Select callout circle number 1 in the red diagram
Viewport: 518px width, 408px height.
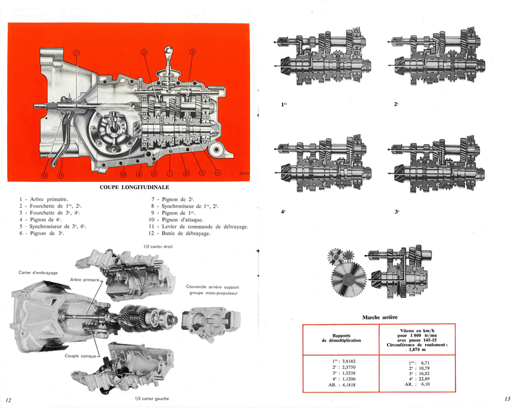[76, 52]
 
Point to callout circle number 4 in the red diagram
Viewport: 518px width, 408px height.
[218, 172]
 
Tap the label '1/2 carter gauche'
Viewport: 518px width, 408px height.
[151, 398]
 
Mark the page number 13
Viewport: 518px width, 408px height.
[507, 398]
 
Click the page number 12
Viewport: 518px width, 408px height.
[8, 400]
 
